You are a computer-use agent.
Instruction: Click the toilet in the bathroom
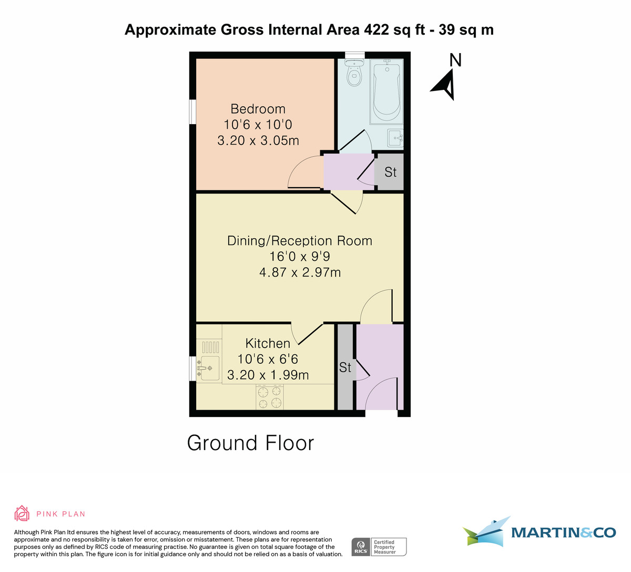click(x=354, y=74)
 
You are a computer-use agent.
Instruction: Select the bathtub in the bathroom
click(x=388, y=88)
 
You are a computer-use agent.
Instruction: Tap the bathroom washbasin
click(x=395, y=138)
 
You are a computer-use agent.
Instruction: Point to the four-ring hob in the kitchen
click(x=269, y=397)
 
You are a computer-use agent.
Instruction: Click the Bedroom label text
click(x=258, y=109)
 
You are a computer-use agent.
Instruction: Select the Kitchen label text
click(x=268, y=343)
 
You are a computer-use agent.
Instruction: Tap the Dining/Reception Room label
click(x=300, y=241)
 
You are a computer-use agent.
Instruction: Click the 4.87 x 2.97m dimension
click(x=300, y=272)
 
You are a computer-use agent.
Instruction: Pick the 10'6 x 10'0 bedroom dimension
click(x=258, y=125)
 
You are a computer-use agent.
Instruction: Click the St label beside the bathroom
click(x=390, y=172)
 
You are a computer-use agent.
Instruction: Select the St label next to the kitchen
click(x=345, y=367)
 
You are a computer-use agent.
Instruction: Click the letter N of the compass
click(x=455, y=60)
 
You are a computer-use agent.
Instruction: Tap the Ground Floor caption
click(x=250, y=443)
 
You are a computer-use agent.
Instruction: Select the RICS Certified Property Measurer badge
click(x=379, y=547)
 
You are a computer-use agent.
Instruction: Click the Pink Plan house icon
click(x=22, y=513)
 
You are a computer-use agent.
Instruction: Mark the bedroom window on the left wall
click(x=192, y=112)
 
